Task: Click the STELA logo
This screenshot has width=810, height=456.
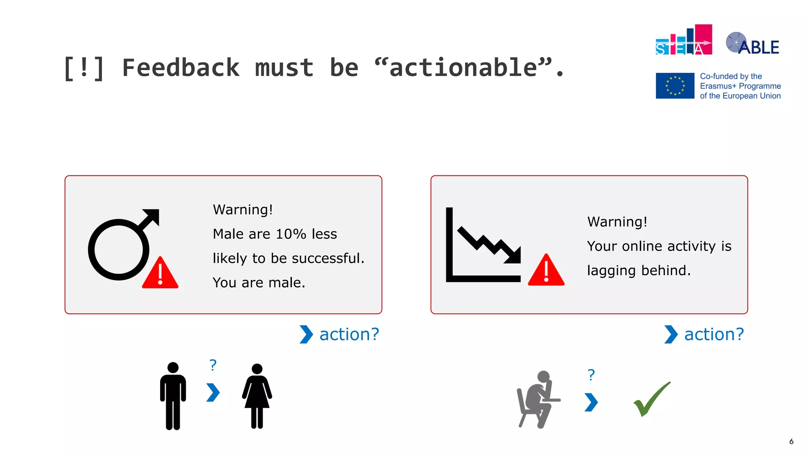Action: coord(683,41)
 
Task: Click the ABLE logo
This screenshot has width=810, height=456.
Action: coord(753,44)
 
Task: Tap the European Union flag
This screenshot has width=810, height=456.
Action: coord(675,85)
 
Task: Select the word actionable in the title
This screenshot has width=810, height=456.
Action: coord(463,67)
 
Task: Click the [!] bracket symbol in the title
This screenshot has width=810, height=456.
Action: coord(84,68)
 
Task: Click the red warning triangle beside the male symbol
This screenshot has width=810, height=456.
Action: coord(160,274)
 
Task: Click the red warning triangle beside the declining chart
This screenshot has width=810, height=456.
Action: coord(546,271)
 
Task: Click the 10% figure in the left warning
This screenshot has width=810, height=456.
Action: coord(291,234)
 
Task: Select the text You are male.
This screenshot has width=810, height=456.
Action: coord(259,283)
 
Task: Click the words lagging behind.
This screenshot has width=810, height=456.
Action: coord(639,271)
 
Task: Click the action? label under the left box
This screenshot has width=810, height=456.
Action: coord(349,334)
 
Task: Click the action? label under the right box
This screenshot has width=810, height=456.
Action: coord(714,334)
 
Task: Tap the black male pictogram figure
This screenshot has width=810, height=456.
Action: coord(173,396)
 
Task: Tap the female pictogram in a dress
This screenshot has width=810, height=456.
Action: coord(257,396)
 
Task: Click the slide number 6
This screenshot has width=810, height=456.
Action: coord(791,441)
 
